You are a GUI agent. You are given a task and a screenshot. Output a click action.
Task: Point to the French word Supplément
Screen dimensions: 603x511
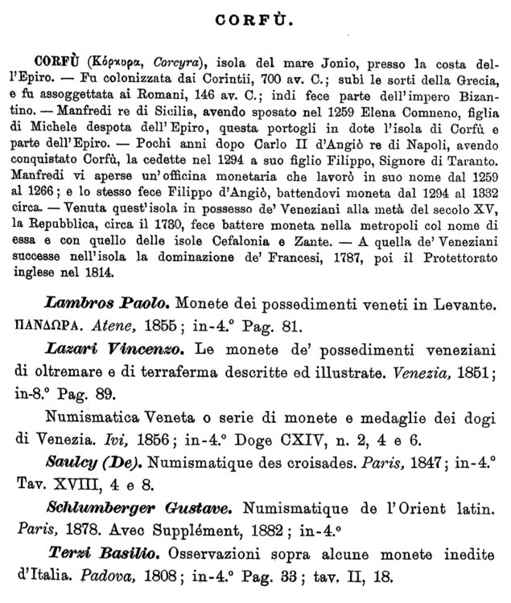click(218, 531)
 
